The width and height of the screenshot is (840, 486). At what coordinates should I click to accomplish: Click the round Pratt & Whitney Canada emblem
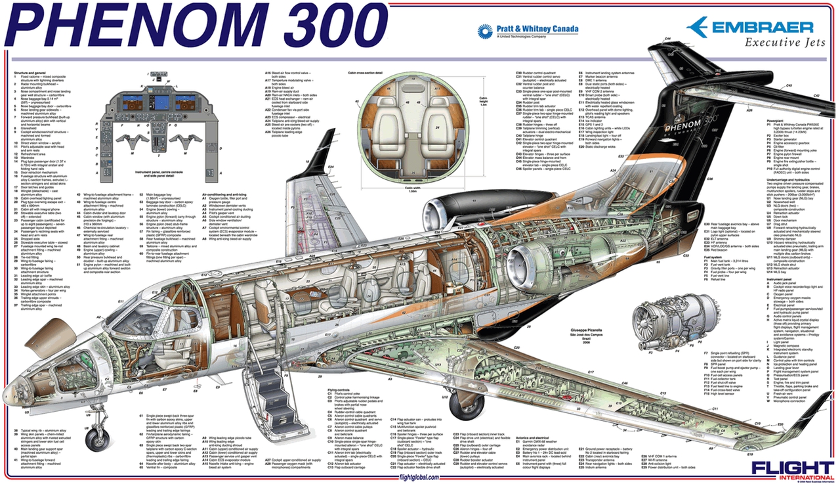[485, 31]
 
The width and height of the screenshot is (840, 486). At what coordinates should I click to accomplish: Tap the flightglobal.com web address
[419, 477]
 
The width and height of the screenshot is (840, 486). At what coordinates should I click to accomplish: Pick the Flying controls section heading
[340, 390]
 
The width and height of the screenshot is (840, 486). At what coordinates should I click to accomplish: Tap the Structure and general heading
[30, 73]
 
